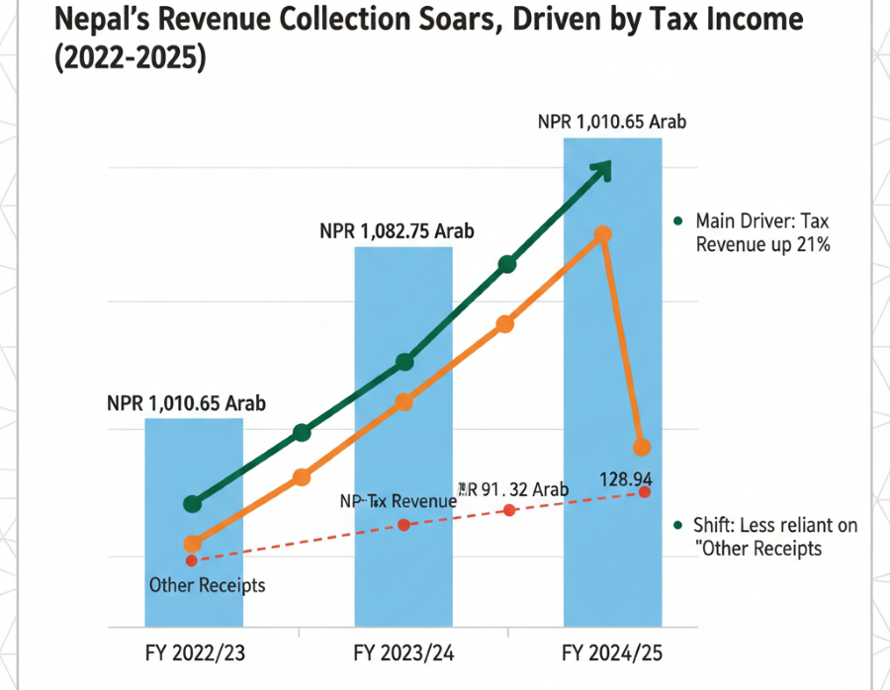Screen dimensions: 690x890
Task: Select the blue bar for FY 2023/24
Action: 403,573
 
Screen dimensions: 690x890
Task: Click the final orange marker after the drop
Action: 642,447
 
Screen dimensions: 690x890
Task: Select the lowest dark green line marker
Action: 193,504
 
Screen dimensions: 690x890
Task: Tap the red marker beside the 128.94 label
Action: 645,492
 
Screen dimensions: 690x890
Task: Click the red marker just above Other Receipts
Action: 192,561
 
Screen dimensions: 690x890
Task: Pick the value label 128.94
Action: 625,478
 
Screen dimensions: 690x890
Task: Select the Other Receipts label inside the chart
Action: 207,585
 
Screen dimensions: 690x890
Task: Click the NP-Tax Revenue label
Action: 398,501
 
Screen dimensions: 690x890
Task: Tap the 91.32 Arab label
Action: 514,489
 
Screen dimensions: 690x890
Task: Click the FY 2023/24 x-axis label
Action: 402,653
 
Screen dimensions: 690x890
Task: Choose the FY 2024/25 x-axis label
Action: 612,653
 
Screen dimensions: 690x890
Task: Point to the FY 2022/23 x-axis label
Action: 194,653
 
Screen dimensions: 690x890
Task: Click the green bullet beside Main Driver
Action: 677,221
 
